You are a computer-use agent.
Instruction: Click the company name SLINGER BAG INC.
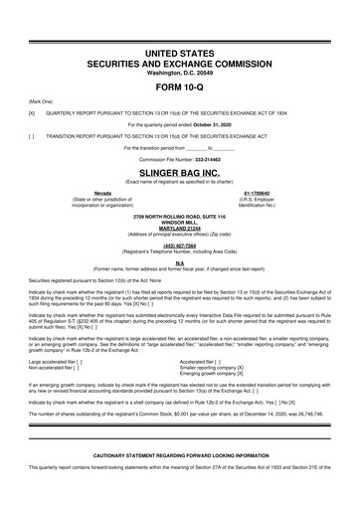(179, 171)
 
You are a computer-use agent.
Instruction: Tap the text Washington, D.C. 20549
(179, 72)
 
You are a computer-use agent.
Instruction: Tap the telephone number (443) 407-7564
(179, 247)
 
